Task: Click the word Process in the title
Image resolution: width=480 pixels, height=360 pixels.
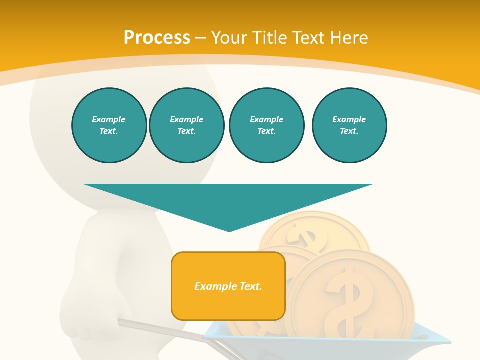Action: tap(157, 38)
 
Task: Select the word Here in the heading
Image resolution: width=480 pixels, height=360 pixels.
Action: tap(348, 38)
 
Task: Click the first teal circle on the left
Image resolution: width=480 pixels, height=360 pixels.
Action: tap(109, 125)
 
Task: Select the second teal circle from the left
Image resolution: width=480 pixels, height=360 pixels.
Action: tap(186, 125)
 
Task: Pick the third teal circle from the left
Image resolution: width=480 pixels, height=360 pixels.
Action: tap(266, 125)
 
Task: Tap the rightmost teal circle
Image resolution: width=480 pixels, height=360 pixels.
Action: tap(349, 125)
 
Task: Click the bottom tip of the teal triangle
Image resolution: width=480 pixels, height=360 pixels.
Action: tap(229, 230)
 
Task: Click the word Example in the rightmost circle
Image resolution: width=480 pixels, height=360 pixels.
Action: tap(349, 119)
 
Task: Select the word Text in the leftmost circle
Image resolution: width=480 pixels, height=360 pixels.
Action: tap(108, 131)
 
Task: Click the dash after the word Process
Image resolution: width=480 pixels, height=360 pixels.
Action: tap(201, 38)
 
